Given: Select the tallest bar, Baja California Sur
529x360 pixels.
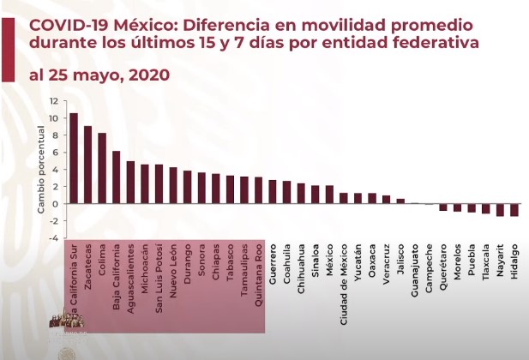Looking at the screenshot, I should (x=74, y=159).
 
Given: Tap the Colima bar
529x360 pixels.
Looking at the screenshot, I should (x=102, y=168).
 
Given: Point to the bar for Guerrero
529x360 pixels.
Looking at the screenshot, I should (x=273, y=192).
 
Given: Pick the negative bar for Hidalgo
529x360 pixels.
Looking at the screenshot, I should (x=514, y=210).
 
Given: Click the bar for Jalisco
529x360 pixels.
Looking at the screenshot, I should (x=400, y=201).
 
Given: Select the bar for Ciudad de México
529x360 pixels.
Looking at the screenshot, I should (x=344, y=198).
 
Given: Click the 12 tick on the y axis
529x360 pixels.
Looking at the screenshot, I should (x=54, y=99).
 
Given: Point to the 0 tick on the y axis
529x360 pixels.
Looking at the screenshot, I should (x=55, y=204).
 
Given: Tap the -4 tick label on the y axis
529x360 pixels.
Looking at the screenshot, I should (x=53, y=239).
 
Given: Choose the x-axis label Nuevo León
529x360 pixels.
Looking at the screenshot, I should (x=173, y=272).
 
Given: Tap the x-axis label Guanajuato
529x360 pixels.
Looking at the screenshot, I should (x=415, y=271).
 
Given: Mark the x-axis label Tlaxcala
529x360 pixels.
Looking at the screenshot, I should (x=486, y=265).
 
